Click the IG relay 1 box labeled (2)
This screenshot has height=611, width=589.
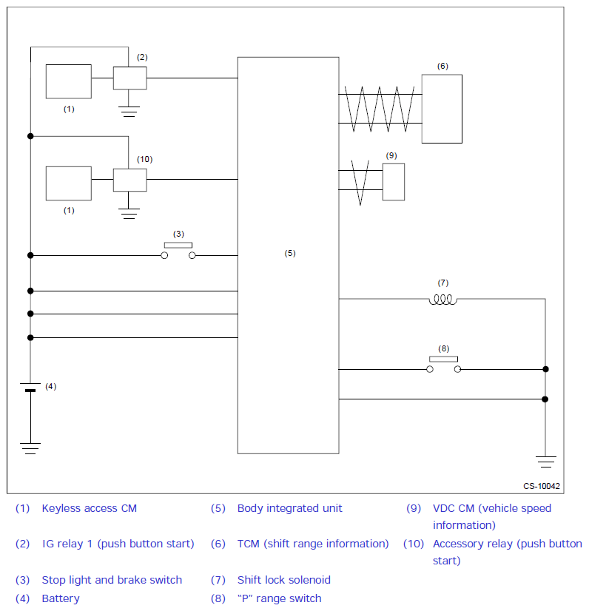pyautogui.click(x=129, y=78)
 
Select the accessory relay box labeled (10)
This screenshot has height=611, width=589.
pyautogui.click(x=129, y=180)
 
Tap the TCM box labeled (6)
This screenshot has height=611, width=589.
pyautogui.click(x=442, y=109)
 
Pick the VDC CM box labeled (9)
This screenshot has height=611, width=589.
pyautogui.click(x=394, y=182)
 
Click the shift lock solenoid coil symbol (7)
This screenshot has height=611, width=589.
pyautogui.click(x=443, y=299)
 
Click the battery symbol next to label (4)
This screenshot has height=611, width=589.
pyautogui.click(x=30, y=388)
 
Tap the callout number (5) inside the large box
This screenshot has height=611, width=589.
pyautogui.click(x=290, y=253)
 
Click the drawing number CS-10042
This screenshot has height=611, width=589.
pyautogui.click(x=542, y=486)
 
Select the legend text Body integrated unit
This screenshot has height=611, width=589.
pyautogui.click(x=289, y=508)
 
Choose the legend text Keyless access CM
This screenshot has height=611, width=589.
pyautogui.click(x=89, y=508)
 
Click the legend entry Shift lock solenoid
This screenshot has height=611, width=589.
pyautogui.click(x=283, y=580)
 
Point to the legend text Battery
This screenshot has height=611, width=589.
pyautogui.click(x=61, y=598)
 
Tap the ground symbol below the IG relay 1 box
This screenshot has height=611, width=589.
pyautogui.click(x=129, y=112)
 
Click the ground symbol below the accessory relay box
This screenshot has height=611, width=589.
pyautogui.click(x=129, y=214)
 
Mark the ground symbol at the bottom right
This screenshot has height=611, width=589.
pyautogui.click(x=545, y=462)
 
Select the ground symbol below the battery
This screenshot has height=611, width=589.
pyautogui.click(x=30, y=448)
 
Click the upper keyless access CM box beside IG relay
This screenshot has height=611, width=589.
pyautogui.click(x=69, y=81)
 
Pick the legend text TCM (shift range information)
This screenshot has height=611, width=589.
pyautogui.click(x=312, y=544)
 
